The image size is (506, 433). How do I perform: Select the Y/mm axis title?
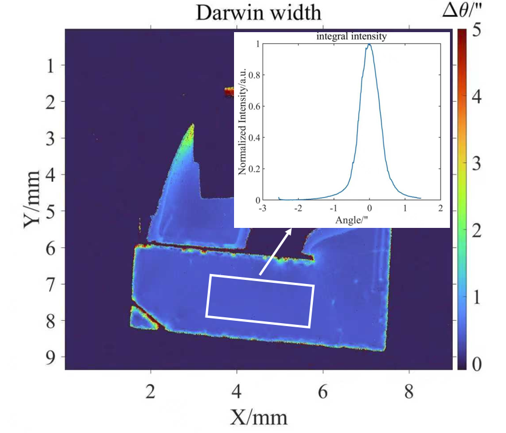[34, 198]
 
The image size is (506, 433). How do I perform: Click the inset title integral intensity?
[352, 37]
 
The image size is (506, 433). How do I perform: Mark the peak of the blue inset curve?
[369, 44]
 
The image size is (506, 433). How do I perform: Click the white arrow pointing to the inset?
[275, 251]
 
